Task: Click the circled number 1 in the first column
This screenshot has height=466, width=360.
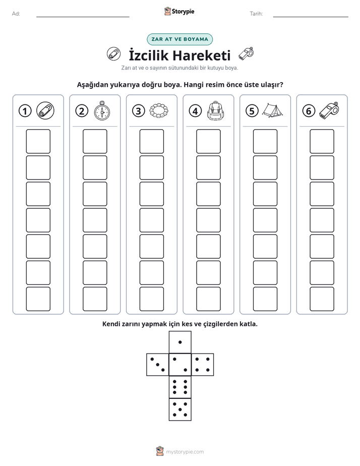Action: click(x=25, y=111)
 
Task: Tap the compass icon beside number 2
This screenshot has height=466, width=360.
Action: click(x=102, y=111)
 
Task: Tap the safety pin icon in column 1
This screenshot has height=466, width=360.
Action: click(x=45, y=111)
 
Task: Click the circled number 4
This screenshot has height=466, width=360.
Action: click(x=195, y=111)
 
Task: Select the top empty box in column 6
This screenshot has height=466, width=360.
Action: click(x=322, y=141)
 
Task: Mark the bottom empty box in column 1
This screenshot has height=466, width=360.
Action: click(x=38, y=299)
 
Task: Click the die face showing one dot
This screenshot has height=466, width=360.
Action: click(x=180, y=342)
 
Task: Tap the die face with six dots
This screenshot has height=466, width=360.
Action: click(x=180, y=387)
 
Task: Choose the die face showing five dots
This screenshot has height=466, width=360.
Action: click(x=180, y=410)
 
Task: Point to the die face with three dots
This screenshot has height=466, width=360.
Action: click(x=158, y=364)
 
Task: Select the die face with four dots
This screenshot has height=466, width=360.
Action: click(x=203, y=364)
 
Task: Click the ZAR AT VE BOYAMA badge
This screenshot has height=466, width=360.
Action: click(x=179, y=39)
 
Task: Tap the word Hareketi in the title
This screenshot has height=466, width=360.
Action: click(x=201, y=55)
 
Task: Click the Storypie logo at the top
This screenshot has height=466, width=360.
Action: click(x=179, y=12)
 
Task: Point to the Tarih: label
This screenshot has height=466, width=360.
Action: click(x=256, y=14)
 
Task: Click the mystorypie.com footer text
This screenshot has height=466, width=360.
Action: click(x=185, y=452)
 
